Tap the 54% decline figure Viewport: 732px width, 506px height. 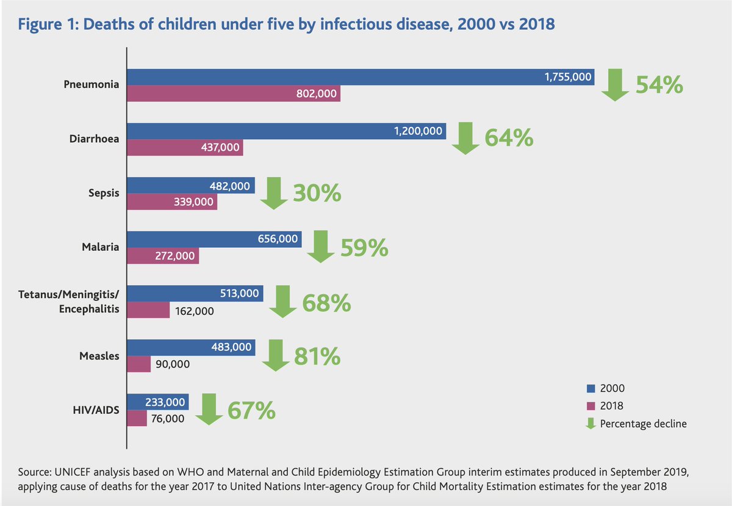click(659, 85)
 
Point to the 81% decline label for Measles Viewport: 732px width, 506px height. click(317, 356)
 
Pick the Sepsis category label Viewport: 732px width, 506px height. click(103, 194)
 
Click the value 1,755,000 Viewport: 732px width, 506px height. click(568, 77)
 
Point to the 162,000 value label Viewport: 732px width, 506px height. click(195, 311)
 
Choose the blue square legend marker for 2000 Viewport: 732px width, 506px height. click(590, 388)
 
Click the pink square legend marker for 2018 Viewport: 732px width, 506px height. click(590, 406)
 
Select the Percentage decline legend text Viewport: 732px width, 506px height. click(644, 424)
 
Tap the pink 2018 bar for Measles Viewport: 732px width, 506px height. click(139, 364)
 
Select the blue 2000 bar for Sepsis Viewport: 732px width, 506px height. click(191, 185)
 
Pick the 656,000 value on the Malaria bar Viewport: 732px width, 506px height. click(278, 239)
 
